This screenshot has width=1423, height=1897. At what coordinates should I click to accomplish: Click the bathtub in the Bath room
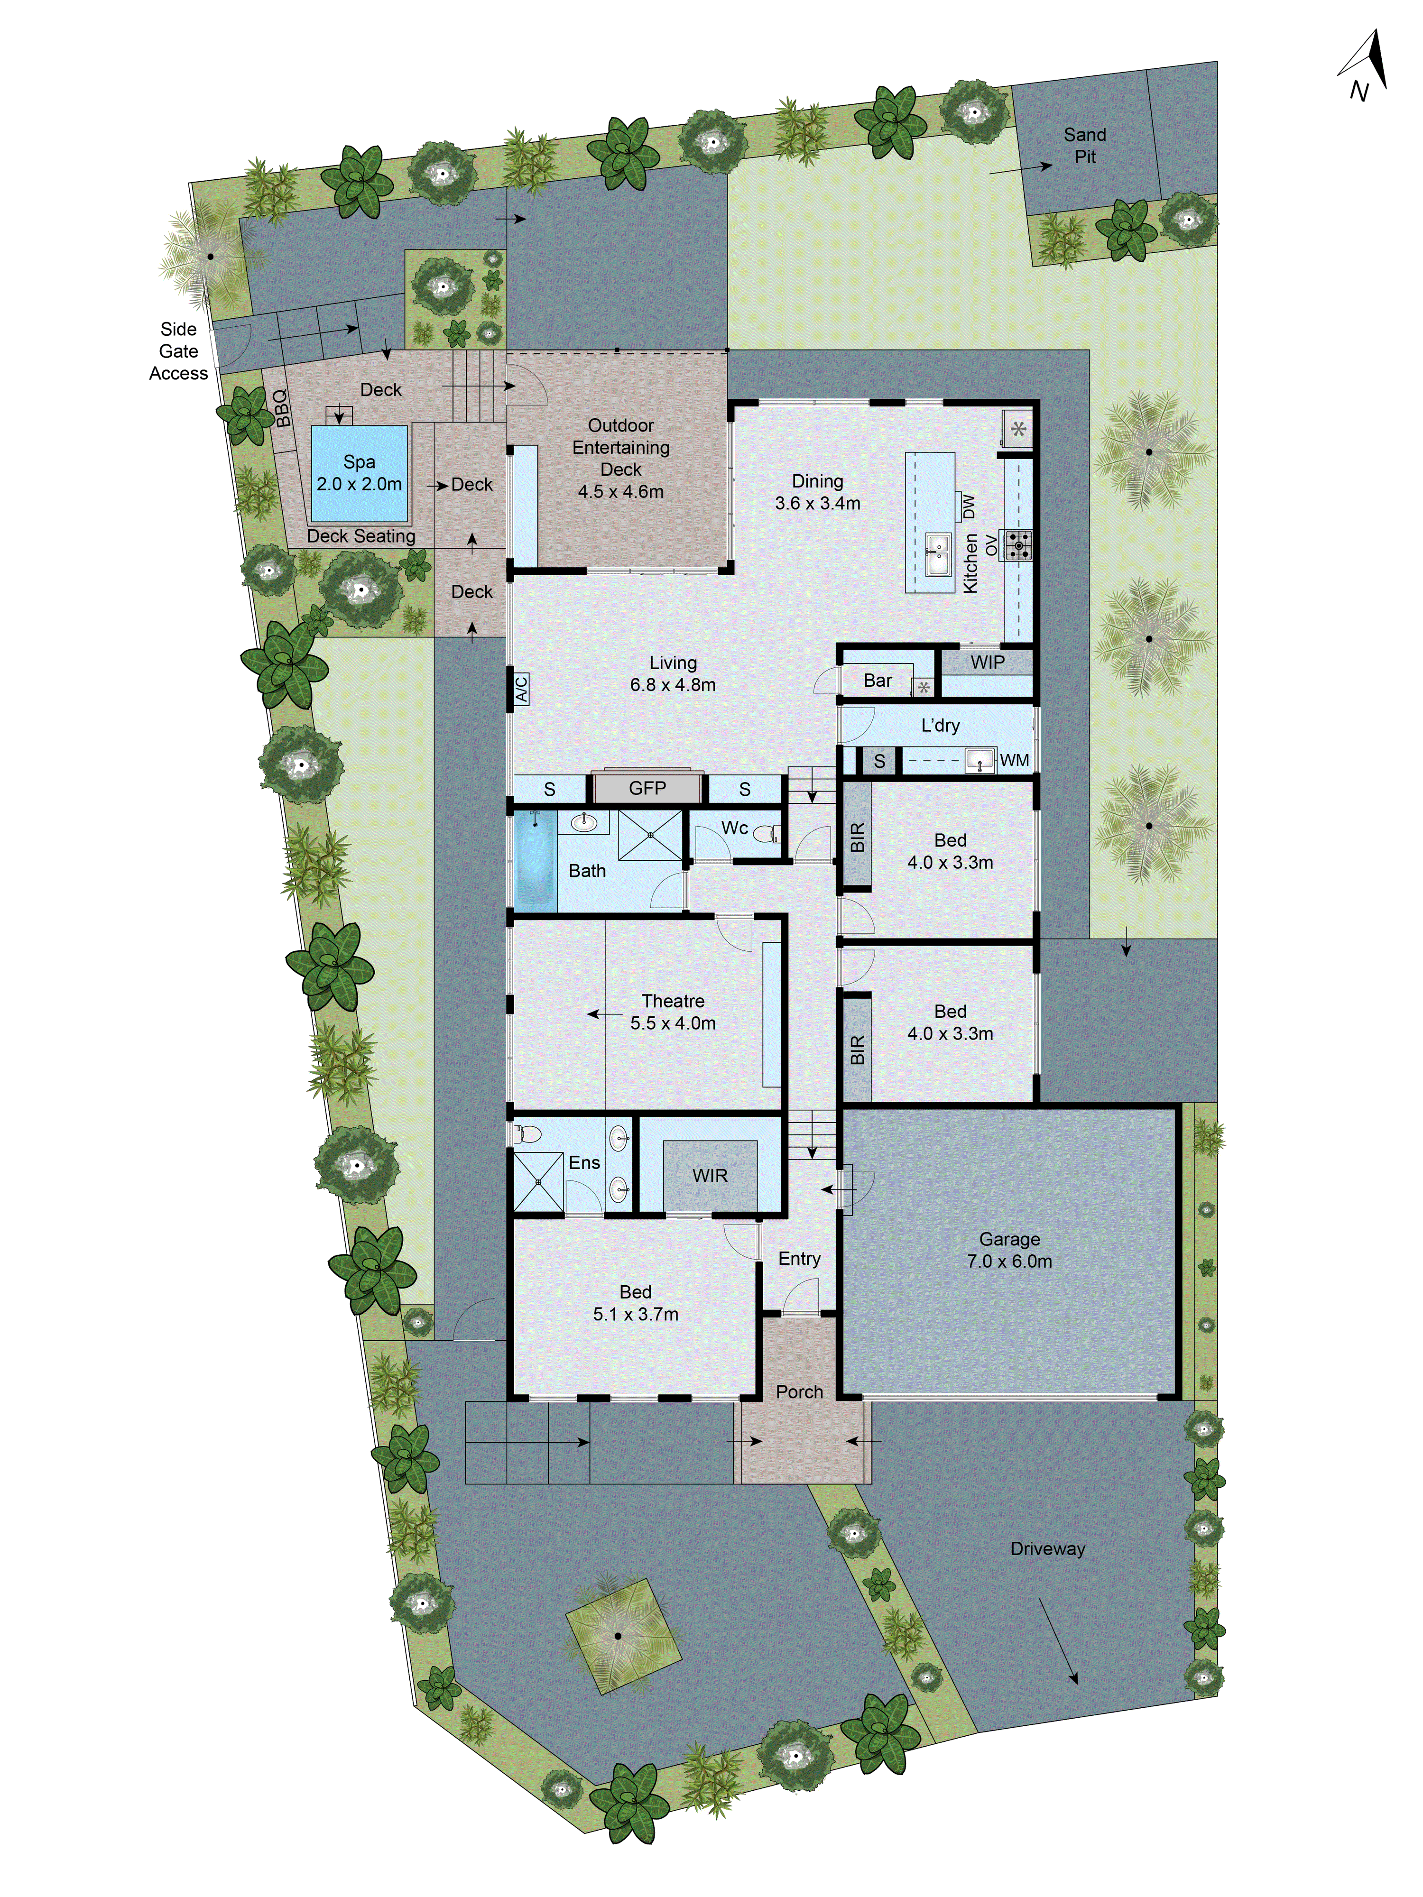pos(535,857)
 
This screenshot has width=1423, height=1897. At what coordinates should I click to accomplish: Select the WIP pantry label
pos(987,662)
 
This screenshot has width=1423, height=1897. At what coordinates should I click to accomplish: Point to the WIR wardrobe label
pos(709,1176)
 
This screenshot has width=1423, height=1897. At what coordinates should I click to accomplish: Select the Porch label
pos(799,1392)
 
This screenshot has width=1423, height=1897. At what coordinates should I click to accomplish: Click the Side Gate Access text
pos(178,351)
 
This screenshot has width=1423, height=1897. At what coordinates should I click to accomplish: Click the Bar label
pos(878,680)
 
